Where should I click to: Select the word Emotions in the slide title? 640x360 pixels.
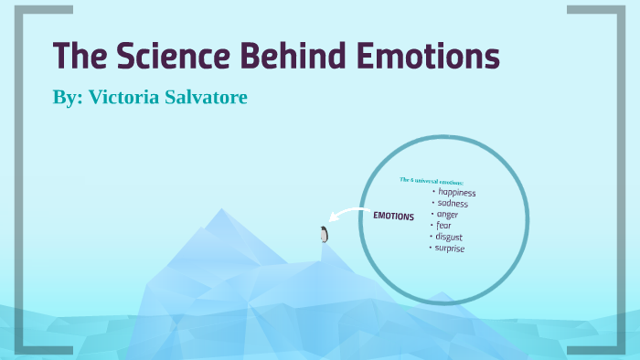pyautogui.click(x=425, y=58)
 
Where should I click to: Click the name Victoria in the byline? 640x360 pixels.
pyautogui.click(x=128, y=97)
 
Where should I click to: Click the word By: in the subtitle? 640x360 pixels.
pyautogui.click(x=67, y=97)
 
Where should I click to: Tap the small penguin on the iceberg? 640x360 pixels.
pyautogui.click(x=324, y=234)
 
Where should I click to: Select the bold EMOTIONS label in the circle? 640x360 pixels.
pyautogui.click(x=393, y=217)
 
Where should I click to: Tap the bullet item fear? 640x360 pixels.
pyautogui.click(x=444, y=226)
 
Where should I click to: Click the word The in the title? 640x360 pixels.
pyautogui.click(x=74, y=58)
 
